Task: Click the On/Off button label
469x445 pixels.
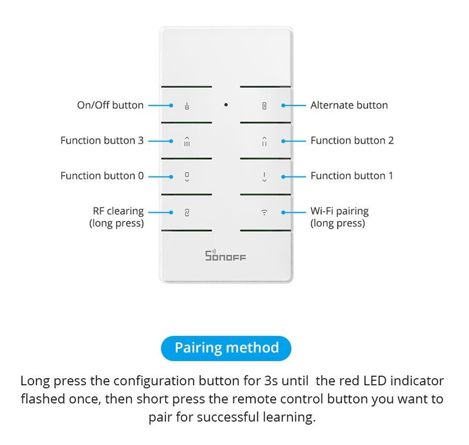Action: [x=110, y=106]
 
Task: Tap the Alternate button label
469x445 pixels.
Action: [x=349, y=106]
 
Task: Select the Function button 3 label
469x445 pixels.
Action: [x=102, y=141]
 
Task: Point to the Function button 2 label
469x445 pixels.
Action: [x=352, y=141]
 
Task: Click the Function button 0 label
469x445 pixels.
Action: [x=102, y=176]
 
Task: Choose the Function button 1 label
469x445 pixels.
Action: [x=352, y=176]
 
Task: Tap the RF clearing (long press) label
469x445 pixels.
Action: [x=117, y=217]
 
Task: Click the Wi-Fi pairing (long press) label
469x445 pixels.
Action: [x=339, y=217]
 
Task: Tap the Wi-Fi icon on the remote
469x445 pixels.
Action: [x=264, y=212]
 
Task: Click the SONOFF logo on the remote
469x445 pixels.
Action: [x=226, y=256]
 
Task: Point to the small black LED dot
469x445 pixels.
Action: [x=226, y=105]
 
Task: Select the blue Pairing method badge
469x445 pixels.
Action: [x=226, y=348]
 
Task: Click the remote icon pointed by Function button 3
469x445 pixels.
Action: [x=187, y=141]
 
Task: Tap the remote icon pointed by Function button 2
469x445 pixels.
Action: [x=264, y=141]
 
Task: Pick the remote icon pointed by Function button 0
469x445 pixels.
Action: [x=187, y=176]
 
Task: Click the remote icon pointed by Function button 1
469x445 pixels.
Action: [x=264, y=176]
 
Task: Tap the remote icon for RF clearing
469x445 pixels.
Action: [x=187, y=212]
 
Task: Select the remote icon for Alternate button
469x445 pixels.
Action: [x=264, y=106]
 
